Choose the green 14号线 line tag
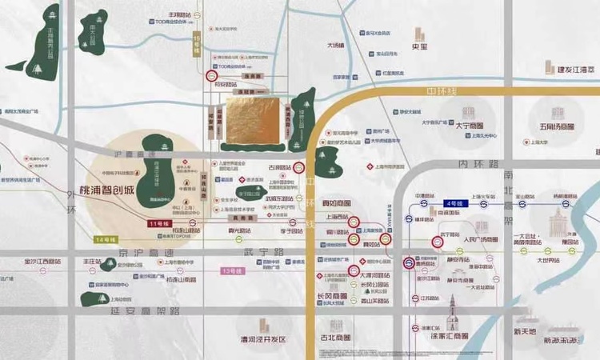point(106,240)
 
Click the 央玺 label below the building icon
point(420,47)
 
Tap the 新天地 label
point(526,331)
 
